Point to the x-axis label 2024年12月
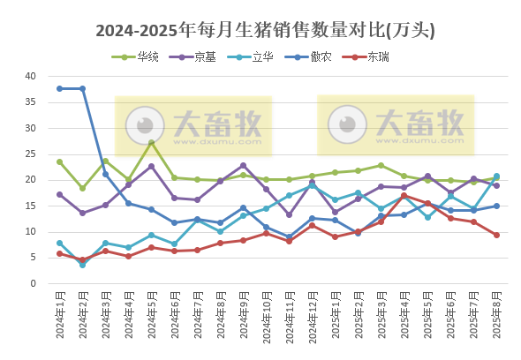[x=312, y=320]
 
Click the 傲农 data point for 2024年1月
[x=59, y=88]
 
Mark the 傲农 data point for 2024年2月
[x=82, y=89]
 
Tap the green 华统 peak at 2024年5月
[x=151, y=142]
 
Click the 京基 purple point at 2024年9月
[x=243, y=166]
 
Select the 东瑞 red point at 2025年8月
[x=496, y=235]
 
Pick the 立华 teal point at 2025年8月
[x=496, y=176]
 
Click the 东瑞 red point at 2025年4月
[x=404, y=196]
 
